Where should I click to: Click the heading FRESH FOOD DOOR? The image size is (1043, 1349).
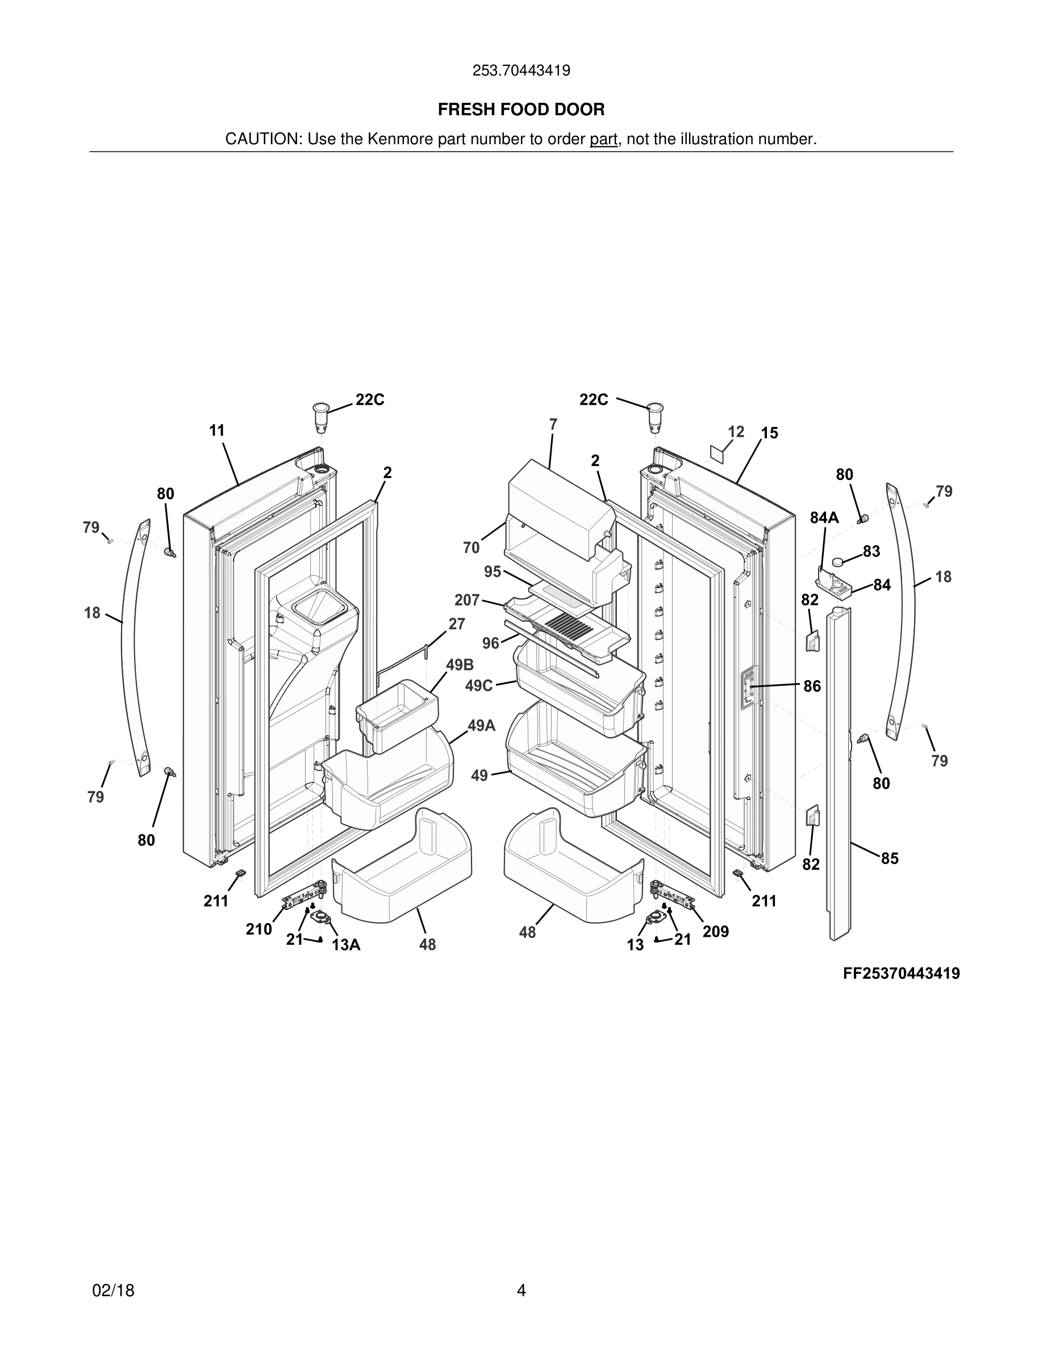click(x=521, y=110)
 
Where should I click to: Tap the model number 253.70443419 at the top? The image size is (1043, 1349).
click(x=521, y=70)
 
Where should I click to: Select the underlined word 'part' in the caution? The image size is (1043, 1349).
click(x=603, y=139)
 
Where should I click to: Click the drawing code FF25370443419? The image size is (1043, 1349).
click(x=901, y=974)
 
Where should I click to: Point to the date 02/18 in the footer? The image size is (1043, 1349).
click(x=113, y=1291)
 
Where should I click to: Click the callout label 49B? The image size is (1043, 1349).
click(x=460, y=665)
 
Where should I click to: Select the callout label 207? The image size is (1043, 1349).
click(x=466, y=600)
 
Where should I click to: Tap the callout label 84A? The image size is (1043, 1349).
click(x=824, y=518)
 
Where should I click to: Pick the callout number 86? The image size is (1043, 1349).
click(x=812, y=686)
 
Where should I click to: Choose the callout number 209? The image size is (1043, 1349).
click(x=716, y=932)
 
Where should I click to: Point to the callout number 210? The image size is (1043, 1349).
click(x=258, y=929)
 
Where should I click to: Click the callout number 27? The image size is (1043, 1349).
click(x=457, y=624)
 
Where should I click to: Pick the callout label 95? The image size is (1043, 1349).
click(x=493, y=571)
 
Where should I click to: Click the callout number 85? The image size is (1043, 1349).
click(x=889, y=858)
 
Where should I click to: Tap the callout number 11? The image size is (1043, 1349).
click(x=217, y=430)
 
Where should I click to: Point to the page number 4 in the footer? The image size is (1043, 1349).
click(x=521, y=1291)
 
